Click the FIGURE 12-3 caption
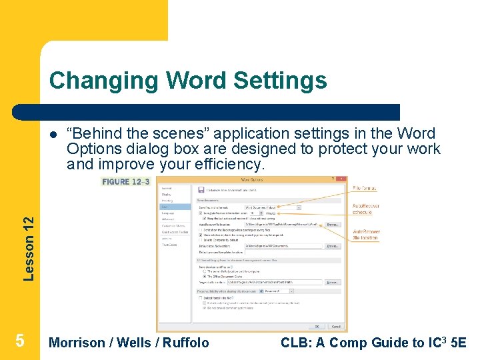125,181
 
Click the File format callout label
364,189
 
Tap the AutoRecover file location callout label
366,235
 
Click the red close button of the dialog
343,179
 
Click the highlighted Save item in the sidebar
165,207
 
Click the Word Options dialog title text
251,179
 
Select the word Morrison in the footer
77,343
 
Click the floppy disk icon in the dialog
201,189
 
